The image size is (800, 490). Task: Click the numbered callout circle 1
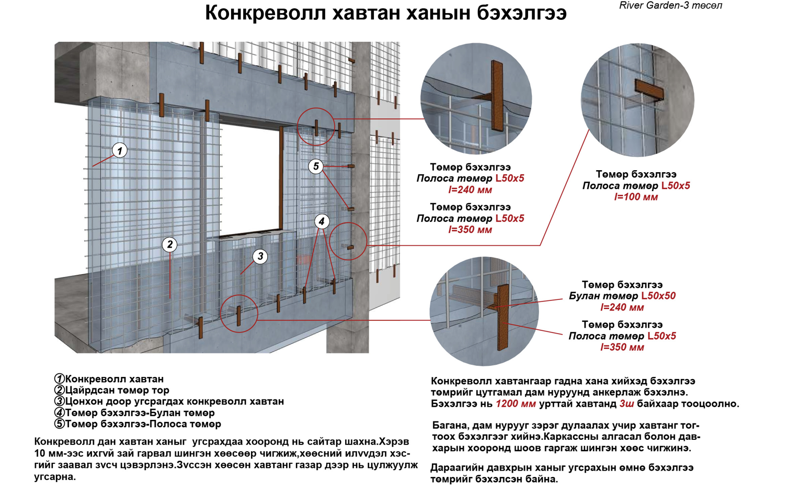[x=120, y=151]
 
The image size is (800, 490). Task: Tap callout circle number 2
[x=169, y=244]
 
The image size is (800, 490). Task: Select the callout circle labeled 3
[x=260, y=256]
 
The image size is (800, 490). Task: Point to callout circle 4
[x=322, y=221]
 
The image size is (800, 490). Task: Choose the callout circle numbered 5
[x=315, y=166]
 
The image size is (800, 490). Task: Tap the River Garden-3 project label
[x=670, y=6]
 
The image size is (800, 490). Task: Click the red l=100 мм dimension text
[x=636, y=197]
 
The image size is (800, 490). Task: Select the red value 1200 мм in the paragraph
[x=516, y=404]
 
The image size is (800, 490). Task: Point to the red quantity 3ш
[x=626, y=404]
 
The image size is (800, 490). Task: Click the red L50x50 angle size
[x=658, y=296]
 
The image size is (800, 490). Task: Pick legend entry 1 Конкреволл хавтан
[x=109, y=379]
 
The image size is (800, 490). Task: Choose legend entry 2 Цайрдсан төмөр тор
[x=112, y=390]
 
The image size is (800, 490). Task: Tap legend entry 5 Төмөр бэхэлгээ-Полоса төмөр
[x=138, y=424]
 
